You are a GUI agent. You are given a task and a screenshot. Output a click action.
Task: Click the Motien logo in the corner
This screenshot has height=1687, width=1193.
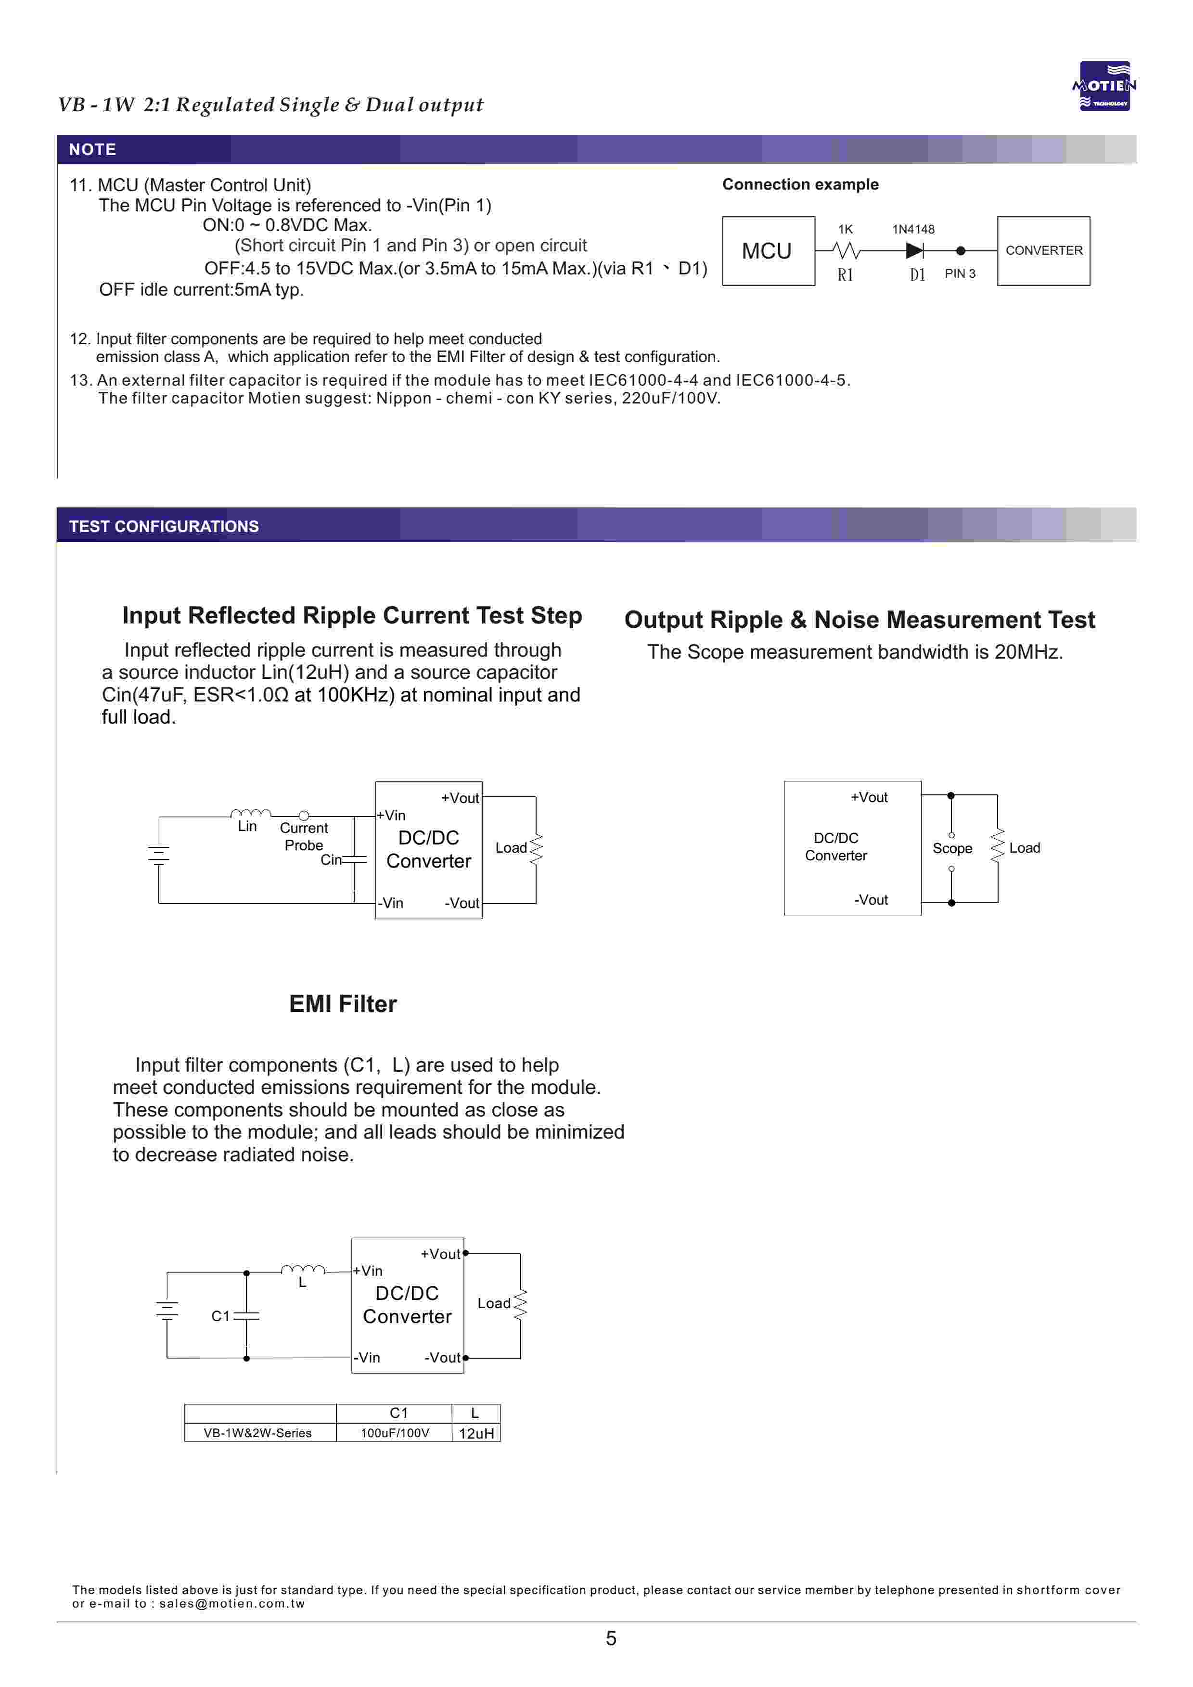[1104, 86]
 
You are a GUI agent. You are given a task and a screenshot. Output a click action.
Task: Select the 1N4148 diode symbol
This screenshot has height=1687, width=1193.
[914, 250]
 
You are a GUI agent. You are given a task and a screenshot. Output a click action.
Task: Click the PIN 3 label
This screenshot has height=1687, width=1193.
[960, 273]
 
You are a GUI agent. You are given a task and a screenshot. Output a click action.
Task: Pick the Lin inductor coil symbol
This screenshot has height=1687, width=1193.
[251, 813]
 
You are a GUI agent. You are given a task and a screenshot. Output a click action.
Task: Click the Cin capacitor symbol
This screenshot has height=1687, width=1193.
[354, 859]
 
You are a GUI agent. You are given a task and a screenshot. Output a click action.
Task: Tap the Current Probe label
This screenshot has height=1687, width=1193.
[304, 836]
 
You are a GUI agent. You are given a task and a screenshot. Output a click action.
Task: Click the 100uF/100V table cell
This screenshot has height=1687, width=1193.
[395, 1433]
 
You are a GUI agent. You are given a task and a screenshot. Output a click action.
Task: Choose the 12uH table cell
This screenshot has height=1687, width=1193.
[476, 1433]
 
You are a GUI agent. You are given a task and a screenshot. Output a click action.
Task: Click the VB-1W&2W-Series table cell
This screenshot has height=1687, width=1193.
[260, 1433]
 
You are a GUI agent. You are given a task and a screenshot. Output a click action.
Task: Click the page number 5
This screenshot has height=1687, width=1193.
[611, 1638]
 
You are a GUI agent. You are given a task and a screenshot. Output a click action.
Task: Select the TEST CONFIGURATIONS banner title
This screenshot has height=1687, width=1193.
[164, 526]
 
